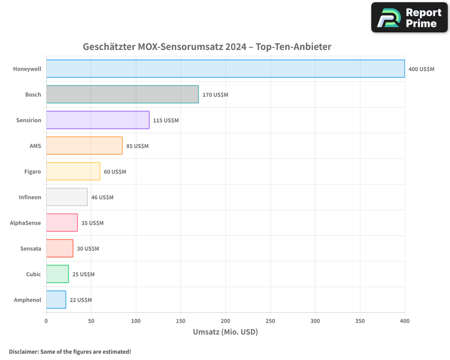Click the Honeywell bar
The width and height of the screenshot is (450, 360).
click(225, 68)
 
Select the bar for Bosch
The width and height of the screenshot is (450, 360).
click(122, 94)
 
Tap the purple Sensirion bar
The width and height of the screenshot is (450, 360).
click(98, 120)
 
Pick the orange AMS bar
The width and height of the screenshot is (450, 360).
click(84, 145)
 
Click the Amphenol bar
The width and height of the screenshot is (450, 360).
click(56, 300)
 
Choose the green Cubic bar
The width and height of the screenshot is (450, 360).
click(58, 274)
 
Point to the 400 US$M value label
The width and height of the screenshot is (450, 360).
click(421, 69)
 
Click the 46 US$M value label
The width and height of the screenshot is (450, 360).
click(102, 197)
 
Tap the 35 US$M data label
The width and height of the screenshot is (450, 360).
click(92, 223)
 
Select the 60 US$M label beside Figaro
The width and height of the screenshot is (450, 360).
click(115, 171)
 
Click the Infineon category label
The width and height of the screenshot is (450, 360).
click(30, 197)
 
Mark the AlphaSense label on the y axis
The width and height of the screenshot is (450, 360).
click(26, 223)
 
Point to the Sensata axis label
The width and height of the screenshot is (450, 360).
click(31, 248)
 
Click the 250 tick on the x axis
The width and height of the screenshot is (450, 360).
click(270, 321)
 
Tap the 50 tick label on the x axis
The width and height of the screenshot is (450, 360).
click(91, 321)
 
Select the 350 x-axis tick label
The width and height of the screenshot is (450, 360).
click(360, 321)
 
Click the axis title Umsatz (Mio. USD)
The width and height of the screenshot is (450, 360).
click(225, 332)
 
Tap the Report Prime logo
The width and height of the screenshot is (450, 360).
click(409, 18)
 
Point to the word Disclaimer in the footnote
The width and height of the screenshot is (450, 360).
click(23, 351)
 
